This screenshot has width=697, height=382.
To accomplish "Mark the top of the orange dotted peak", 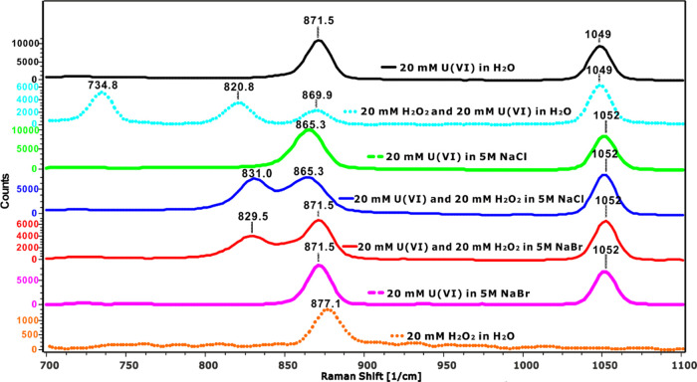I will point(326,311).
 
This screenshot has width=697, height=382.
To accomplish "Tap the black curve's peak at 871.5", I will point(319,41).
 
